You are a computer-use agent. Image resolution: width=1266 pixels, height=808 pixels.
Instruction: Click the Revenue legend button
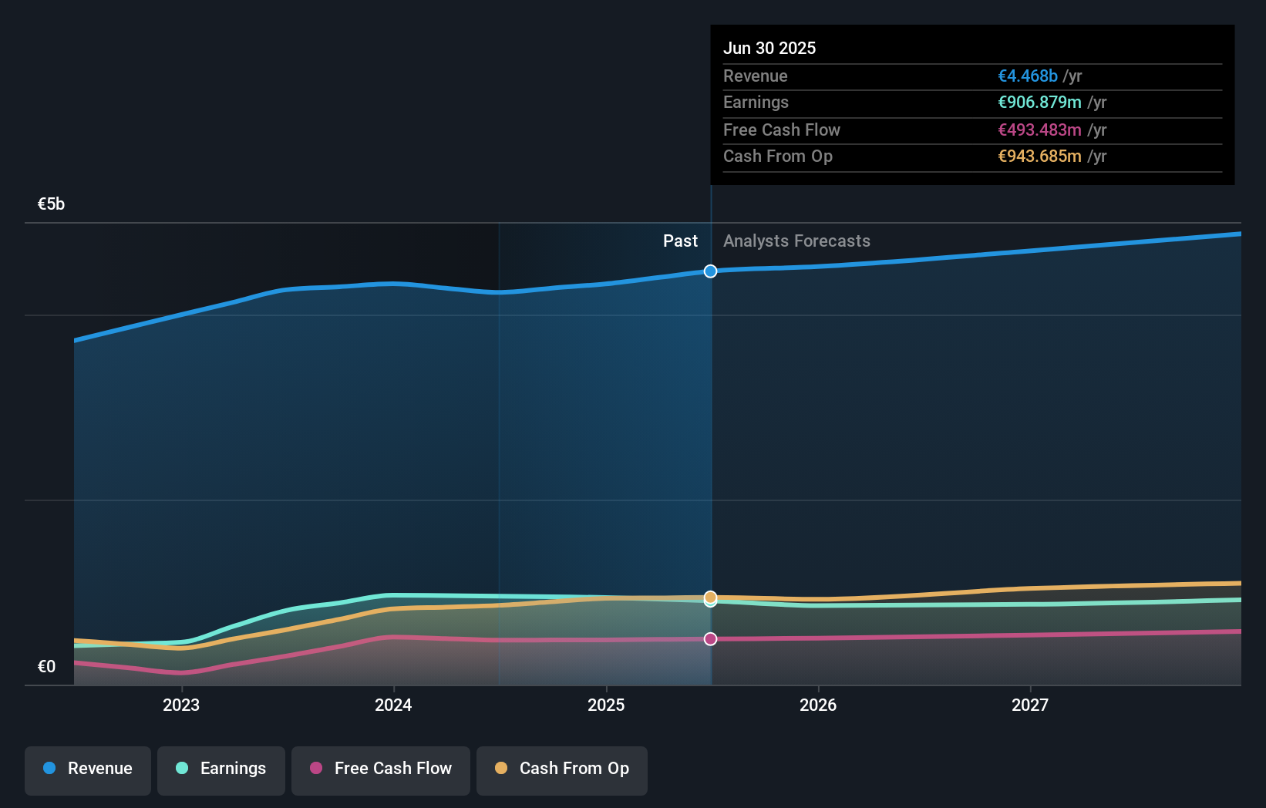(88, 769)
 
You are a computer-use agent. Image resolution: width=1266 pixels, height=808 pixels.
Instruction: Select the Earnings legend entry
(221, 769)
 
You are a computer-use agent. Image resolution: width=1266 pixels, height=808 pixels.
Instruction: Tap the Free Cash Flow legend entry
(381, 769)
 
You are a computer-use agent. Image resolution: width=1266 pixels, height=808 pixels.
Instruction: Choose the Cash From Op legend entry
(562, 769)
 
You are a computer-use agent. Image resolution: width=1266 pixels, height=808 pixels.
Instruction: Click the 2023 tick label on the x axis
(181, 705)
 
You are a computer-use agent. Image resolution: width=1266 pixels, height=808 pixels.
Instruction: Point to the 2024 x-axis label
(393, 705)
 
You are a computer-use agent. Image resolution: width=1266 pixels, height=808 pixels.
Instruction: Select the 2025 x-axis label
(606, 705)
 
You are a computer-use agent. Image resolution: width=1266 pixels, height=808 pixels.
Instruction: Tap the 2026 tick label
(818, 705)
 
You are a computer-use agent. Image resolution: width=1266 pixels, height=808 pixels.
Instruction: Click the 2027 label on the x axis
(1030, 705)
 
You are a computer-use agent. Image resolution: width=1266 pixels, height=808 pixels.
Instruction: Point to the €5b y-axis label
(51, 204)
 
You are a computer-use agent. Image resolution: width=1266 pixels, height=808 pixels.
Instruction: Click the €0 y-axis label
(46, 667)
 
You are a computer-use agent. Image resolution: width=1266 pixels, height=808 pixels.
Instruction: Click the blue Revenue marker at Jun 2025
(710, 271)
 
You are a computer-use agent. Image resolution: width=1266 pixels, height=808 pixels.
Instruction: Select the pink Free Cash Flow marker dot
(710, 639)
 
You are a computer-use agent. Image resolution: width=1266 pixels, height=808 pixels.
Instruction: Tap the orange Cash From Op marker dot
(710, 597)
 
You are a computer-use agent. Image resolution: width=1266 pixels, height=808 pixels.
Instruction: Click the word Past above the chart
(680, 241)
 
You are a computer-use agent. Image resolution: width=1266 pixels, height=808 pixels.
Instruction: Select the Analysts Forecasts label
(796, 241)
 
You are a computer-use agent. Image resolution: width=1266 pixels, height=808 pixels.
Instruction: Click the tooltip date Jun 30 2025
(769, 49)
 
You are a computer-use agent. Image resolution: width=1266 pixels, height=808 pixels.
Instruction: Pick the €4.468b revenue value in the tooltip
(1027, 76)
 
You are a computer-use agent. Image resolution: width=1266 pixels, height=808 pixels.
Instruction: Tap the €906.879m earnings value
(1039, 103)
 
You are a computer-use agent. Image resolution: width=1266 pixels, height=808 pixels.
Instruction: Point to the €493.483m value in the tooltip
(1039, 130)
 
